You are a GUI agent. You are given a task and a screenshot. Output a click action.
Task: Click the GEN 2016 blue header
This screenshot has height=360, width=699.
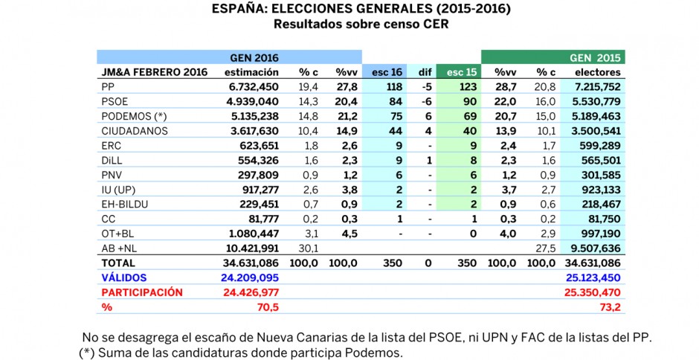click(254, 57)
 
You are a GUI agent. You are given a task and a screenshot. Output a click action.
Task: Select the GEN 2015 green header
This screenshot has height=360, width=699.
click(595, 57)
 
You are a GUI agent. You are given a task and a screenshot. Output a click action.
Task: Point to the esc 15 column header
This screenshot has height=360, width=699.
click(462, 72)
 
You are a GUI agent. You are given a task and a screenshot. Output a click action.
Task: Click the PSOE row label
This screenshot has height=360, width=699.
click(115, 102)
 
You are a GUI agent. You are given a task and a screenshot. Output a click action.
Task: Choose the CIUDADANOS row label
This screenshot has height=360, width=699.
click(135, 131)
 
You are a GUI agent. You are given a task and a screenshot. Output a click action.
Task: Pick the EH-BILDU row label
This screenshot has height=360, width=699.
click(124, 205)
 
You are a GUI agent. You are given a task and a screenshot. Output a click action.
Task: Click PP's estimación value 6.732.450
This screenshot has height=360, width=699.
click(252, 87)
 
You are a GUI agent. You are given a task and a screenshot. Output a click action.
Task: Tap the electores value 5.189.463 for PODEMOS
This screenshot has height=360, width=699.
click(595, 117)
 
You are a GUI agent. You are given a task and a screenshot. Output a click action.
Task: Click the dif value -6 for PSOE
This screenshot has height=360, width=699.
click(428, 102)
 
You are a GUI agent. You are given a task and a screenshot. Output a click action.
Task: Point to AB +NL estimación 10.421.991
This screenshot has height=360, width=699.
click(249, 248)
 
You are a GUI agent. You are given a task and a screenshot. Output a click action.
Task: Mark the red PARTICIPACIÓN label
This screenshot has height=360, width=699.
click(142, 292)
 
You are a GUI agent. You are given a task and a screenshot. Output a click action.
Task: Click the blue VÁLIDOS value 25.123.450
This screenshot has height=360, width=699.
click(593, 277)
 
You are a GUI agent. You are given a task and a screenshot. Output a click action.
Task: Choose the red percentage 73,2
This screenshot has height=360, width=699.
click(611, 307)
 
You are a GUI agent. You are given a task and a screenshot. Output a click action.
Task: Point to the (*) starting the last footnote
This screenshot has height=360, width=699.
click(87, 353)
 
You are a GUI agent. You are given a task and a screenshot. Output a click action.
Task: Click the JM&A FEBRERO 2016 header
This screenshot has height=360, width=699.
click(154, 72)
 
